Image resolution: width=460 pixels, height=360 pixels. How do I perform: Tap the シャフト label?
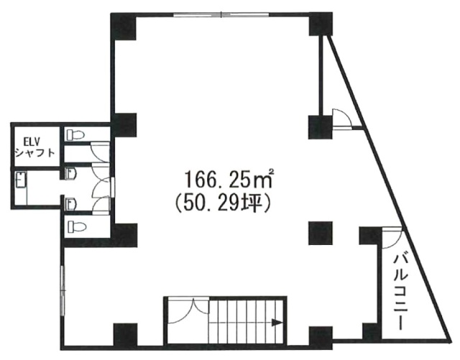pyautogui.click(x=34, y=153)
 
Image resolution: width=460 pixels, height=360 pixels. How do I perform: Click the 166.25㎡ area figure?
pyautogui.click(x=229, y=179)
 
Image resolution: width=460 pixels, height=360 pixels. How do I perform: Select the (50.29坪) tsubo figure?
pyautogui.click(x=221, y=203)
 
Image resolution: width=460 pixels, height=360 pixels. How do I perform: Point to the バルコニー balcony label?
pyautogui.click(x=400, y=292)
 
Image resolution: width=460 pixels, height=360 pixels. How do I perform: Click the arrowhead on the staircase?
pyautogui.click(x=277, y=323)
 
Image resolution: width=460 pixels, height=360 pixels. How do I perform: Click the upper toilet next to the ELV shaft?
pyautogui.click(x=75, y=135)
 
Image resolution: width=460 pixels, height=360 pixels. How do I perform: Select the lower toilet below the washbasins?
pyautogui.click(x=77, y=226)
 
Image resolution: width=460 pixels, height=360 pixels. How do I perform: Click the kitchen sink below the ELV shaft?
pyautogui.click(x=22, y=180)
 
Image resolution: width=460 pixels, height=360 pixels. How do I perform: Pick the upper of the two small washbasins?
pyautogui.click(x=72, y=174)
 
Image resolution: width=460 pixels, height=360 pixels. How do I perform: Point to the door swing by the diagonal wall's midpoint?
pyautogui.click(x=341, y=119)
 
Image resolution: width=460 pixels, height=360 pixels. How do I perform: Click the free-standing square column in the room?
pyautogui.click(x=321, y=234)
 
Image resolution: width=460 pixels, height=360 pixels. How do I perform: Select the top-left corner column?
pyautogui.click(x=124, y=27)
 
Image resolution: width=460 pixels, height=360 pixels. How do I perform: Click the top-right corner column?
pyautogui.click(x=321, y=24)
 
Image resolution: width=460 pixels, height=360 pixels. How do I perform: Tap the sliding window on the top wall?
pyautogui.click(x=221, y=14)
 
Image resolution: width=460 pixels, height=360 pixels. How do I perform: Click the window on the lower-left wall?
pyautogui.click(x=63, y=291)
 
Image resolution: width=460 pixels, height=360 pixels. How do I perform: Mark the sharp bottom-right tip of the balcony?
pyautogui.click(x=451, y=340)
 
